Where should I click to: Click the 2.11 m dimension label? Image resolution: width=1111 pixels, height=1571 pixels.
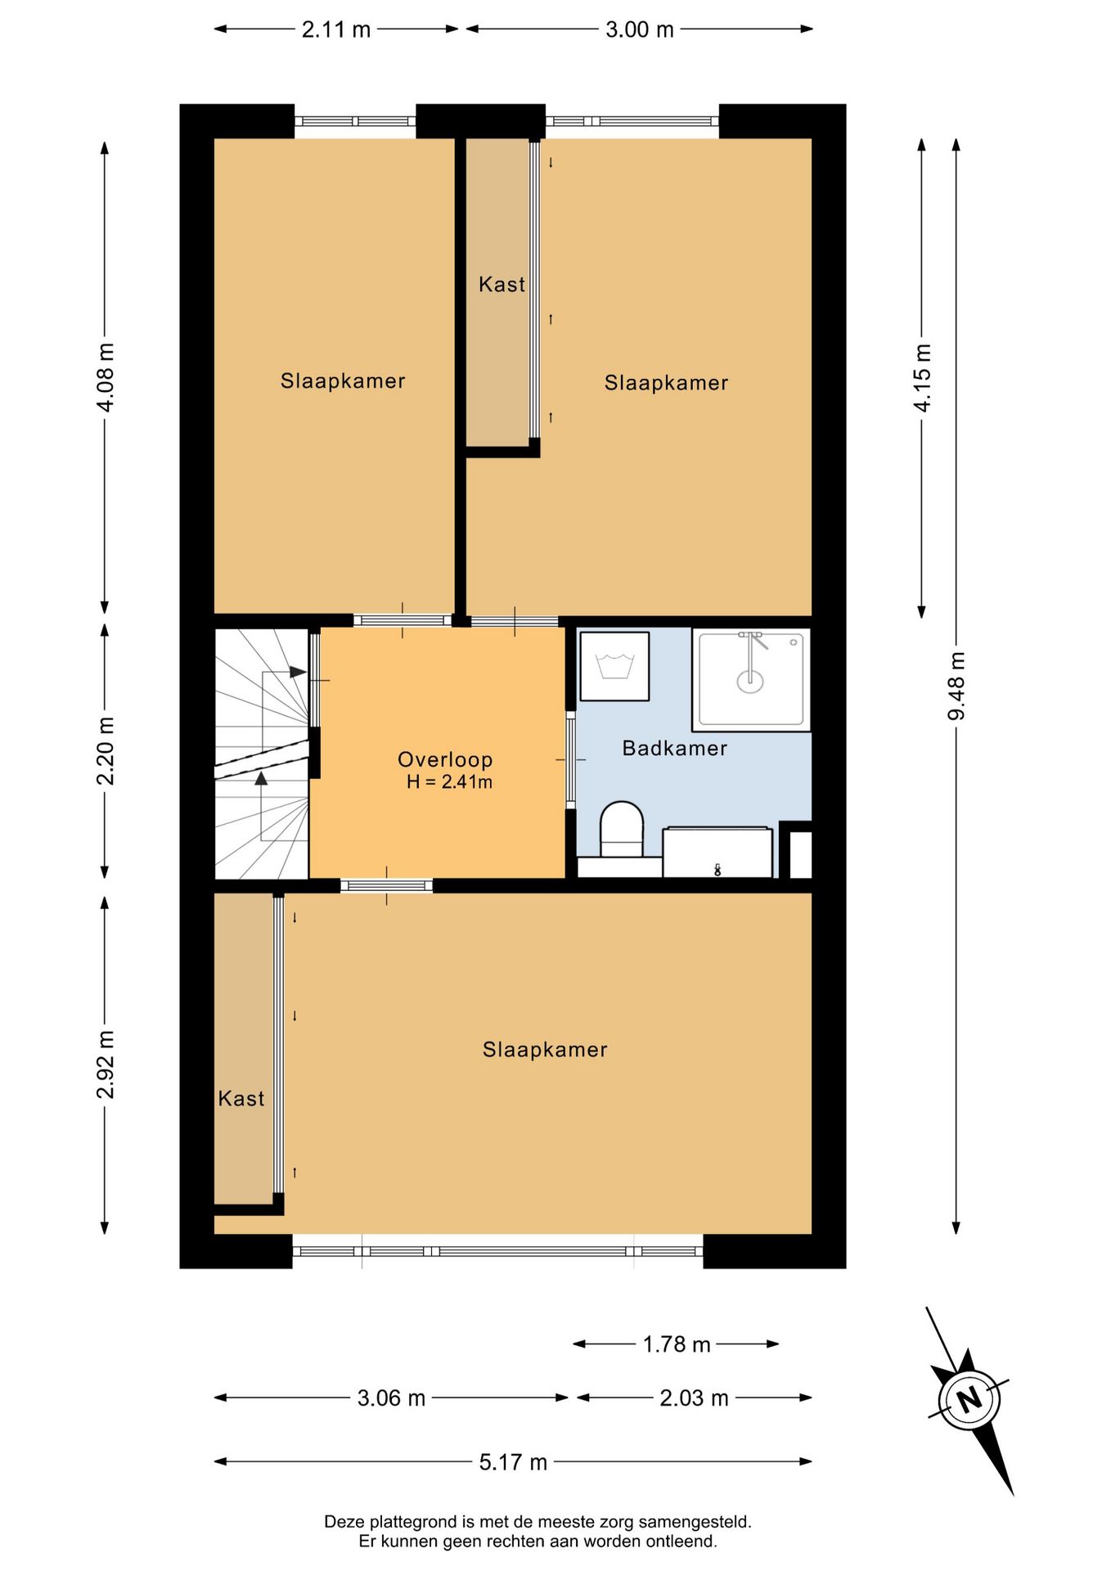pyautogui.click(x=335, y=29)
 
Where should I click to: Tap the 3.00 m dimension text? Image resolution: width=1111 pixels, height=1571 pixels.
pyautogui.click(x=639, y=29)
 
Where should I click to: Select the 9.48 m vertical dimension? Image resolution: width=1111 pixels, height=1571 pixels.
pyautogui.click(x=956, y=686)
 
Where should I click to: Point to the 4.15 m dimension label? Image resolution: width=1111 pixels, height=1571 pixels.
pyautogui.click(x=922, y=377)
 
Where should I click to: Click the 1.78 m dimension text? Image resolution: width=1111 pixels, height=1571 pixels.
pyautogui.click(x=676, y=1344)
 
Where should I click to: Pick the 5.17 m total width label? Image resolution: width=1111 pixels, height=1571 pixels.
pyautogui.click(x=513, y=1462)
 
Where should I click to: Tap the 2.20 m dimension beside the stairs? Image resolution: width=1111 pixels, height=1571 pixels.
pyautogui.click(x=106, y=750)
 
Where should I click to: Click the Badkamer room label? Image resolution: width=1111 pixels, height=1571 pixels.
pyautogui.click(x=674, y=748)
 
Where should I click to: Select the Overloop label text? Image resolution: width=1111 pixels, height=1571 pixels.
pyautogui.click(x=445, y=759)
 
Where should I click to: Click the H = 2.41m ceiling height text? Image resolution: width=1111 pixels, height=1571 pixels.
pyautogui.click(x=449, y=782)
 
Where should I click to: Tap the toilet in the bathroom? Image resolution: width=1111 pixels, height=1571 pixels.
pyautogui.click(x=622, y=828)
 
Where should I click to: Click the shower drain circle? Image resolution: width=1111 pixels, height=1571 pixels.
pyautogui.click(x=749, y=679)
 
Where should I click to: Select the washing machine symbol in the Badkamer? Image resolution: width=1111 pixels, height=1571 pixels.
pyautogui.click(x=614, y=665)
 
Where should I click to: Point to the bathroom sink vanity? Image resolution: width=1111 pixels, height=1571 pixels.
pyautogui.click(x=717, y=853)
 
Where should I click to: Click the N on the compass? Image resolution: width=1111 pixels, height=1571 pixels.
pyautogui.click(x=969, y=1398)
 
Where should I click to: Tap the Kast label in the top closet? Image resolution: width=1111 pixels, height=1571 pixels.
pyautogui.click(x=502, y=285)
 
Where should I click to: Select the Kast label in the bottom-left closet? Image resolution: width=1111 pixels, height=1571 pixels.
pyautogui.click(x=241, y=1098)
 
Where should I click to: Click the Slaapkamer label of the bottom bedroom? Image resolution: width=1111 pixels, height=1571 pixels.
pyautogui.click(x=545, y=1050)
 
